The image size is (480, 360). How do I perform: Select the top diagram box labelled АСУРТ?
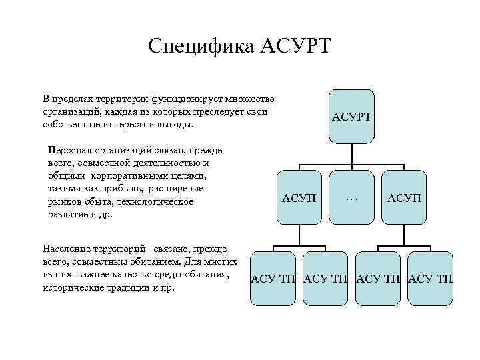pos(351,116)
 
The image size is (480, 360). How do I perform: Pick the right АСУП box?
pos(405,197)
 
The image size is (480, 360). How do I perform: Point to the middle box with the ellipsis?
pos(352,197)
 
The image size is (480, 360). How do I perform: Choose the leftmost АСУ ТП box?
pos(274,278)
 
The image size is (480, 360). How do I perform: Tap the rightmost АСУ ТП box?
pos(430,278)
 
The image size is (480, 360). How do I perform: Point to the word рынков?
pos(63,201)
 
